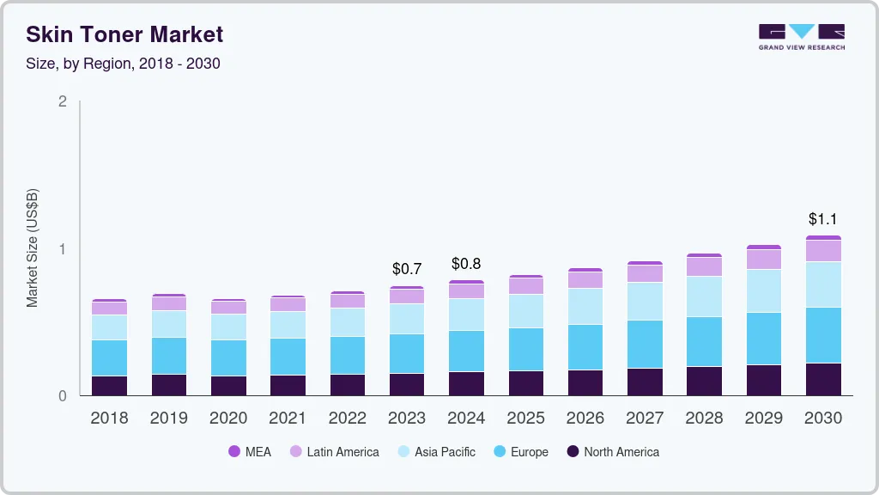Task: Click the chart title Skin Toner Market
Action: point(124,34)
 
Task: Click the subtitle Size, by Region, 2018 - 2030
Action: point(123,64)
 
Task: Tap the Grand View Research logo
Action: point(801,37)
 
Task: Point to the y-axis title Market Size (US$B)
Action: point(33,247)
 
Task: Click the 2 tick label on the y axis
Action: point(62,101)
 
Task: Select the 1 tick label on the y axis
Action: point(62,249)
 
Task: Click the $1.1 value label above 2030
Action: point(822,219)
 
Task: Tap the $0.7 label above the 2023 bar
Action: point(406,269)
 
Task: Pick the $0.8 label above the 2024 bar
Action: point(466,263)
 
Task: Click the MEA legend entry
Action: point(249,452)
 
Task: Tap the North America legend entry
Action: point(612,452)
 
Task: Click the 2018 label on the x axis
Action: point(109,419)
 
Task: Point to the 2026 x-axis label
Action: point(585,419)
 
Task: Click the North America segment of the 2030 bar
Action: point(823,379)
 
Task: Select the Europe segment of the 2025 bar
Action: point(525,349)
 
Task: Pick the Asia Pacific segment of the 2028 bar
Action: point(704,296)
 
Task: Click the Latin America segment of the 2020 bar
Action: point(228,308)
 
